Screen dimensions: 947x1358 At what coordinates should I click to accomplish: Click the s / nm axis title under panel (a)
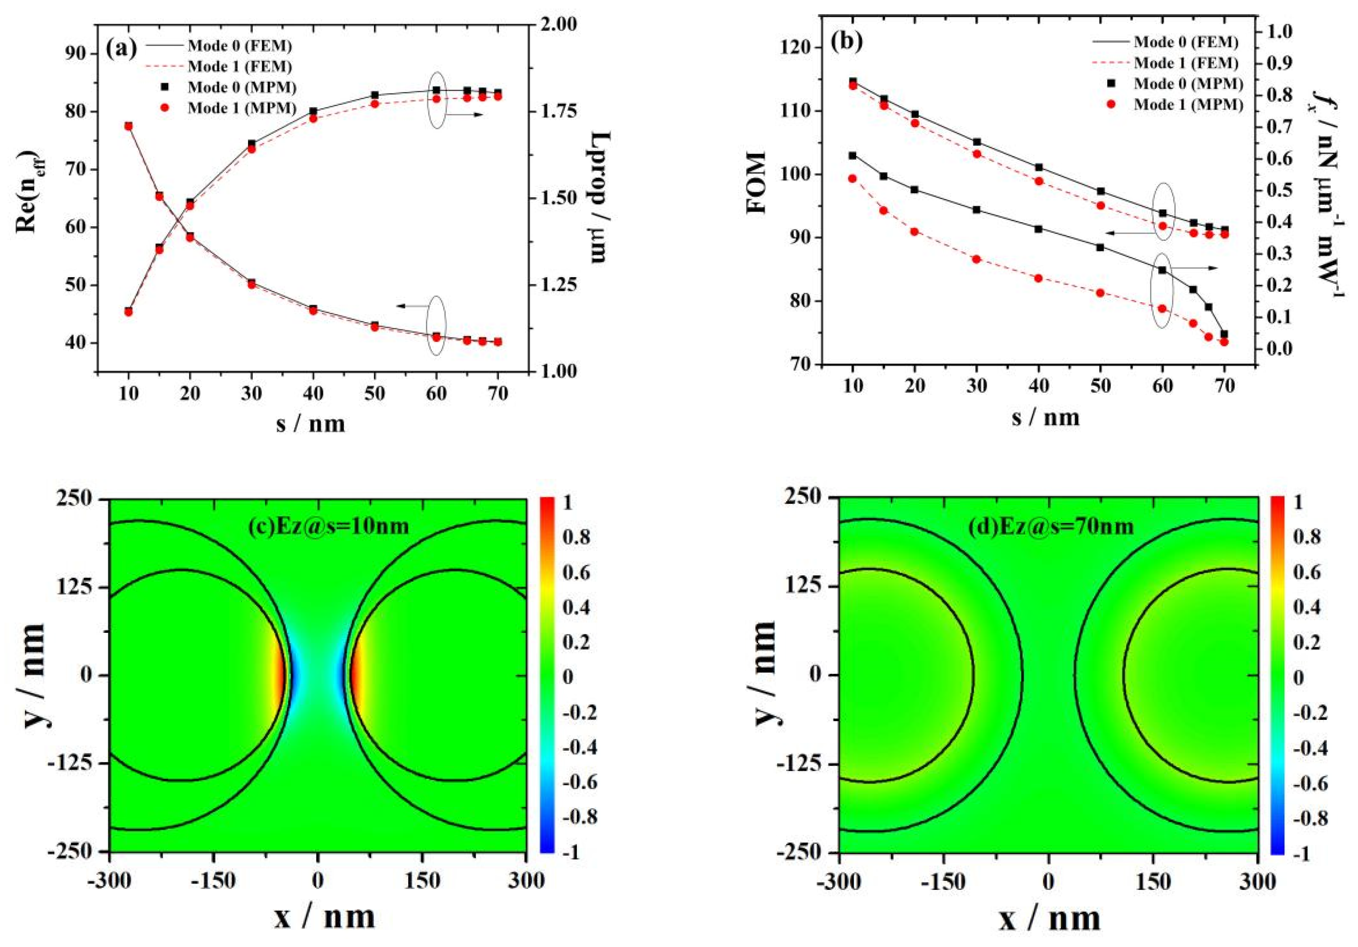pyautogui.click(x=311, y=424)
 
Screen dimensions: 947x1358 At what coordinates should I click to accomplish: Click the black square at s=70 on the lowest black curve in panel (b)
pyautogui.click(x=1224, y=334)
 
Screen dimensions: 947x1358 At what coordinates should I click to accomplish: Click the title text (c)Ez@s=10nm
pyautogui.click(x=329, y=525)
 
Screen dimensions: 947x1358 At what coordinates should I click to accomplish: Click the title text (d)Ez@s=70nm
pyautogui.click(x=1051, y=525)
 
